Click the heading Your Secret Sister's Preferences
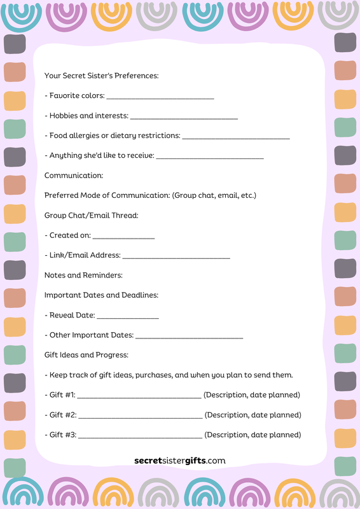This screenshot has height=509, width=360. (101, 76)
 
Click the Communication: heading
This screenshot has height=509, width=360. (74, 175)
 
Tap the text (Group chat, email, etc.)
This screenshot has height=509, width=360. (214, 195)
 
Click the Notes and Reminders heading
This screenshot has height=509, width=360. (83, 275)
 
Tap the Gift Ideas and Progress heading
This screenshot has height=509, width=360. (87, 354)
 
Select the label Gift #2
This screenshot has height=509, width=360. (61, 415)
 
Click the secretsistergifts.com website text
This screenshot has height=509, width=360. (180, 461)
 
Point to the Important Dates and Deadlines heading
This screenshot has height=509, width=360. (101, 295)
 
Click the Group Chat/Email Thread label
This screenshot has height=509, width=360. (91, 215)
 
